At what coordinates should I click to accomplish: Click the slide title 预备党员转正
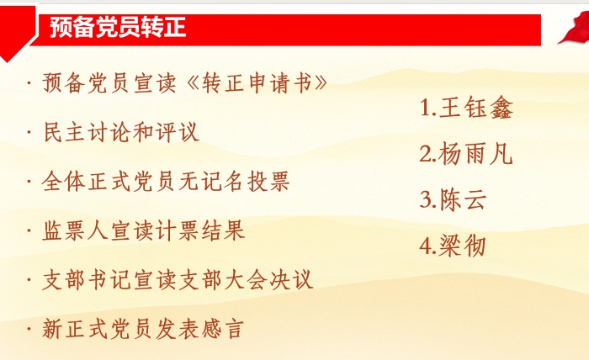[x=118, y=27]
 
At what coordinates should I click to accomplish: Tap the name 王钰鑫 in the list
[x=476, y=108]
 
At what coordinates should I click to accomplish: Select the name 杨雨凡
[x=475, y=154]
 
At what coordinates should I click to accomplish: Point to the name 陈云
[x=463, y=199]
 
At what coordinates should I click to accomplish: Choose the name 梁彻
[x=463, y=246]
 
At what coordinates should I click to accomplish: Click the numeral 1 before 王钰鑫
[x=425, y=109]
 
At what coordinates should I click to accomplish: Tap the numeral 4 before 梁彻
[x=425, y=246]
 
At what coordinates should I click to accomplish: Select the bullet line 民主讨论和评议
[x=121, y=132]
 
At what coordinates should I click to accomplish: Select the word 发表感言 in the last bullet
[x=200, y=329]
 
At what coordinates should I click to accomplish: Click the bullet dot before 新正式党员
[x=29, y=329]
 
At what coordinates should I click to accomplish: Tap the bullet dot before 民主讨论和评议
[x=29, y=132]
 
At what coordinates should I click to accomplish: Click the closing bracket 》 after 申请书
[x=321, y=82]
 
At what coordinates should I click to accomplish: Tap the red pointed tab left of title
[x=18, y=33]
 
